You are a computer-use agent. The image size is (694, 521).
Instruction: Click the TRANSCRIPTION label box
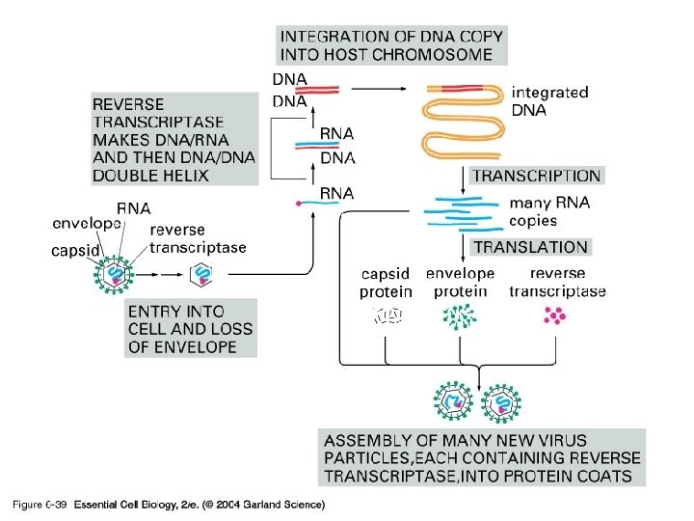point(536,177)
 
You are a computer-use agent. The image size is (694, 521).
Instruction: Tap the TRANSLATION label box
point(529,248)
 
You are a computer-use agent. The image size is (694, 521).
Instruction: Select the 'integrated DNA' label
point(549,101)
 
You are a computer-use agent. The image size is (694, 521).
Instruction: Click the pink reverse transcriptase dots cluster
point(556,315)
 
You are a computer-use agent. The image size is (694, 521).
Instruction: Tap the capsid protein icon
point(387,315)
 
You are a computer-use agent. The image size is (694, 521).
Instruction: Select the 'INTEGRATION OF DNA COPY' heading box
point(391,44)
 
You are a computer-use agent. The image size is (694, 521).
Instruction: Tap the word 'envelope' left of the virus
point(87,224)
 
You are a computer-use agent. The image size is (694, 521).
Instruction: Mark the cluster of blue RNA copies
point(465,212)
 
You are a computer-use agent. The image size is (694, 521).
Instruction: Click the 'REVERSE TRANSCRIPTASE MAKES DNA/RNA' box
point(174,139)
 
